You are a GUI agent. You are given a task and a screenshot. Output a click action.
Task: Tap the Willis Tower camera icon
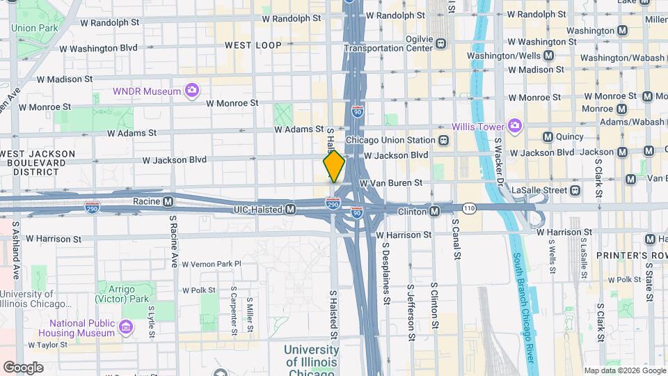tap(515, 125)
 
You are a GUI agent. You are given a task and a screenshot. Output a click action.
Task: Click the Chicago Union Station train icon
tap(443, 140)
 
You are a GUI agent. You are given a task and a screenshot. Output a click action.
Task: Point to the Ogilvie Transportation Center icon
tap(441, 44)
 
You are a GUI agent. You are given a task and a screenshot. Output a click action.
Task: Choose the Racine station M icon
tap(168, 203)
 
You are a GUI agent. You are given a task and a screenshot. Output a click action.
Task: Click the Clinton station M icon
tap(434, 211)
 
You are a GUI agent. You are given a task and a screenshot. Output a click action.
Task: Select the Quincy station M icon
tap(548, 137)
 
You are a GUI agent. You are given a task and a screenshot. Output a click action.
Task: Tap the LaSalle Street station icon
tap(575, 190)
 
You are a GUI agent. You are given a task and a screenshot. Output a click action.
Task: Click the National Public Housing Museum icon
tap(126, 327)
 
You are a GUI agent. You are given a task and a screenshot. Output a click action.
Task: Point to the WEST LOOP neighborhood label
tap(253, 45)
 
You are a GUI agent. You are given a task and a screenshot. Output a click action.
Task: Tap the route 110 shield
tap(470, 208)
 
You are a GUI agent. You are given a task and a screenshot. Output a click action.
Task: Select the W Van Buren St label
tap(390, 182)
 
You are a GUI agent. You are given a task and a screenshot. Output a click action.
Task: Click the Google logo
tap(23, 368)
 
